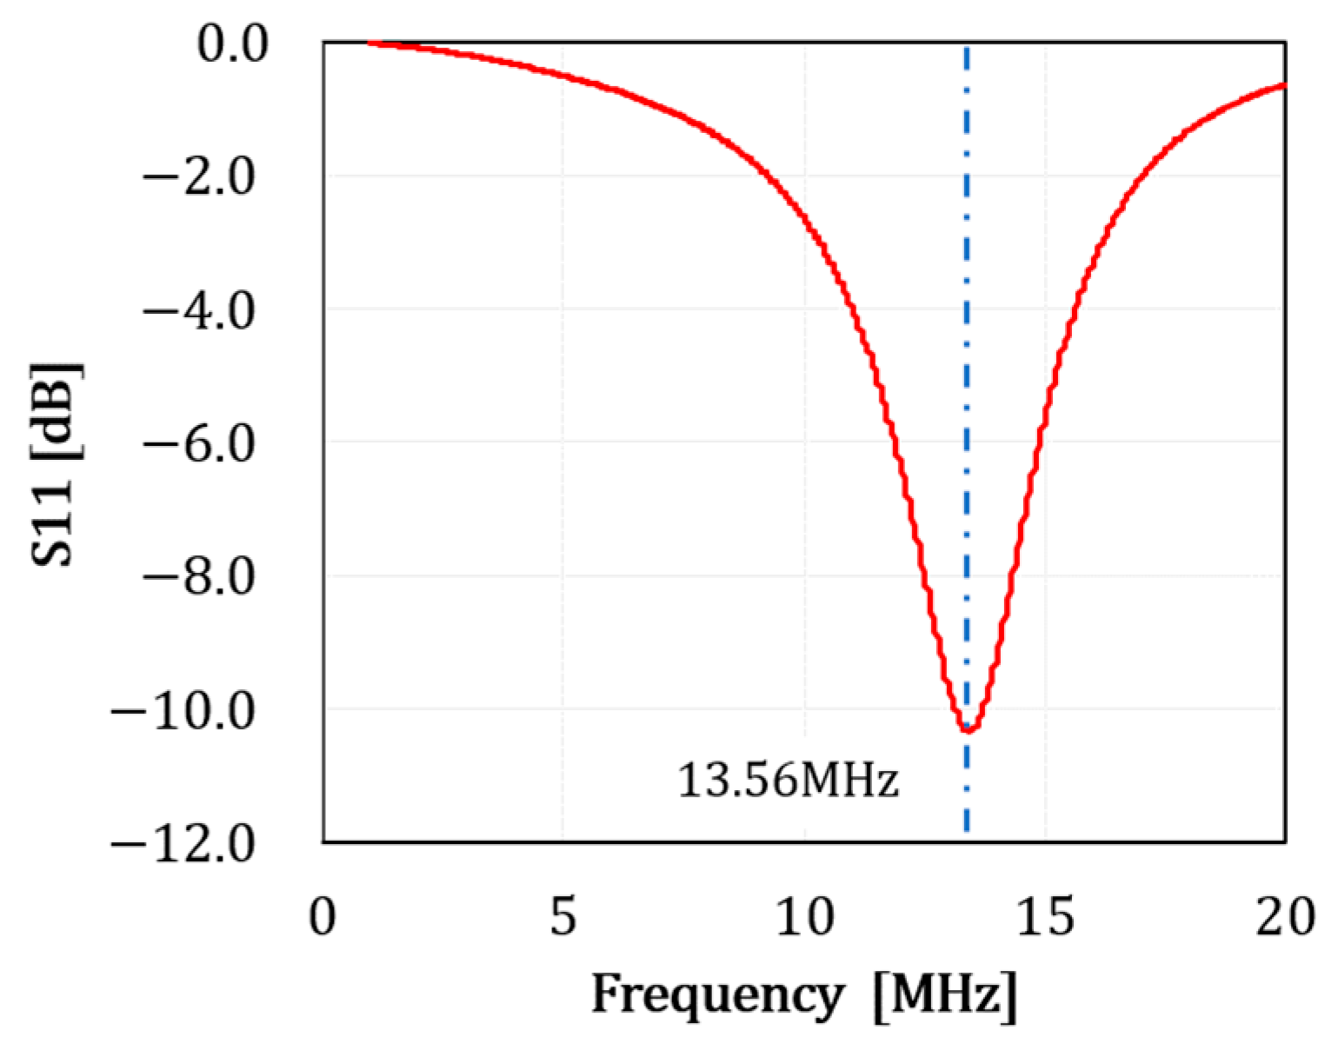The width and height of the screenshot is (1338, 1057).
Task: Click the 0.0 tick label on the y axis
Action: (x=232, y=44)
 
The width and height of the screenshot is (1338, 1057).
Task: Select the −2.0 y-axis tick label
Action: (x=199, y=178)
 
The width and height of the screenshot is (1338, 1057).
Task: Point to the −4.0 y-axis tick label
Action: (x=199, y=311)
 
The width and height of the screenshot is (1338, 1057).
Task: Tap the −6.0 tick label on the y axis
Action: (x=199, y=444)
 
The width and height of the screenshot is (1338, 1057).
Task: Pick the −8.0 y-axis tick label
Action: (x=199, y=577)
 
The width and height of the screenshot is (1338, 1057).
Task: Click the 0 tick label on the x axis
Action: (x=323, y=916)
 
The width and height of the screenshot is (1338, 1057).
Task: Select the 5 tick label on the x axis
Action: (x=563, y=916)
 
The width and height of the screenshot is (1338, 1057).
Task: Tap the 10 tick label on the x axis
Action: (x=805, y=916)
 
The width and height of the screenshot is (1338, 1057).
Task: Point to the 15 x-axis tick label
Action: (x=1045, y=916)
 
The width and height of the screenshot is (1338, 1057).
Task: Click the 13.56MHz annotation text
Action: (x=788, y=780)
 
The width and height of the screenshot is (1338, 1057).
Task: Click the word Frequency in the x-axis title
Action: (x=717, y=994)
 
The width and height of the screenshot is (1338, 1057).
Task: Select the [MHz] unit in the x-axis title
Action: (x=945, y=994)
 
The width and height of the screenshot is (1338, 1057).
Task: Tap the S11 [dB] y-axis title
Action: (x=56, y=463)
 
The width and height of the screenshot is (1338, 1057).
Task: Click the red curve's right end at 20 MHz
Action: (x=1284, y=85)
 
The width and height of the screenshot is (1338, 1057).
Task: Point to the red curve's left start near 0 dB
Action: (x=369, y=43)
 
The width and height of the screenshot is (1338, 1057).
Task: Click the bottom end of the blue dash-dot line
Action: (x=967, y=830)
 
